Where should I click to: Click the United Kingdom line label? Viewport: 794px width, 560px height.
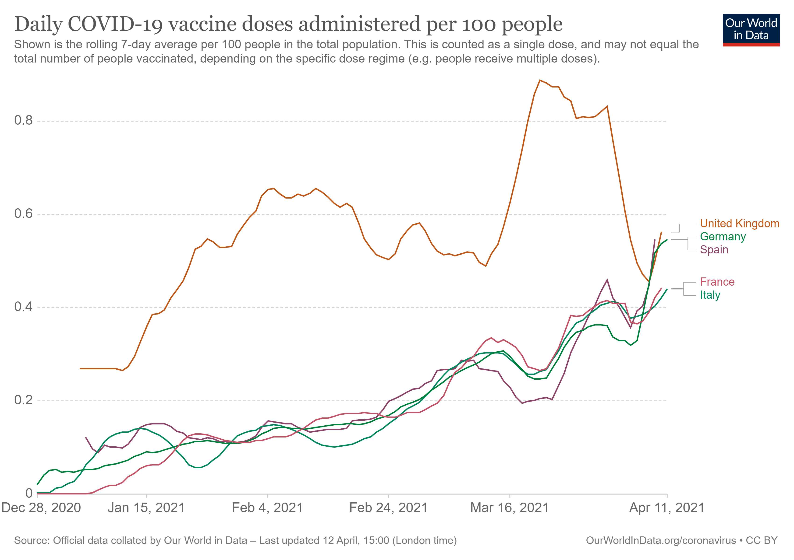pos(739,224)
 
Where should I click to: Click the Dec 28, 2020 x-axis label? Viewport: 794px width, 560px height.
pos(41,508)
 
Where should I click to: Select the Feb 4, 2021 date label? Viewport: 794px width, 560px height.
pos(267,508)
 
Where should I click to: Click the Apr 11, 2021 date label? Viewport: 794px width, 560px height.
pos(667,508)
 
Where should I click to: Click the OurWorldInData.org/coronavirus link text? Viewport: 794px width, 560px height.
pos(660,540)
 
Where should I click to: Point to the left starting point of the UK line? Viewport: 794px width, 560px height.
pos(80,369)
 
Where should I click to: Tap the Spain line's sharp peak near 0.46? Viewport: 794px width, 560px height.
pos(607,280)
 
